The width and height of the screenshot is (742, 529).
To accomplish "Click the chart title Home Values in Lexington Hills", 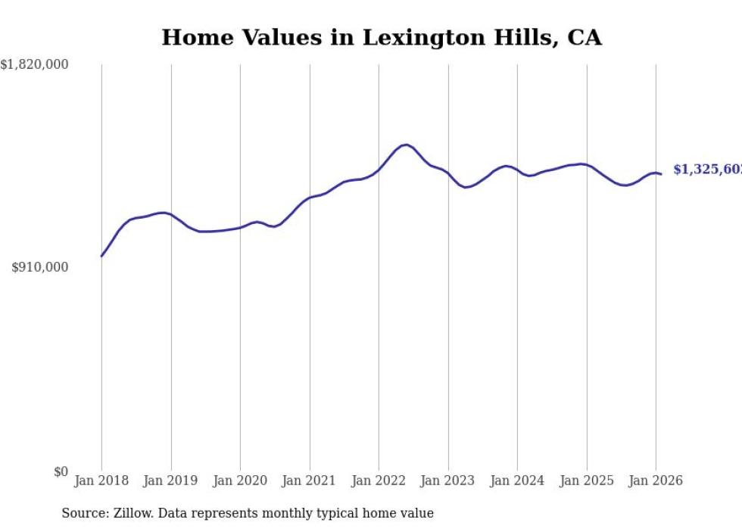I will [382, 37].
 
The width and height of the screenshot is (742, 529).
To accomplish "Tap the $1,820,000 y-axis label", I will [35, 66].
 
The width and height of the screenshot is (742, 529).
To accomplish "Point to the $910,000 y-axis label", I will [40, 267].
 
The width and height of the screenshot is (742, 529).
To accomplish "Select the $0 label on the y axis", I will [61, 472].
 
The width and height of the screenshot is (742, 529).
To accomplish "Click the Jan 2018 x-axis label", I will [101, 481].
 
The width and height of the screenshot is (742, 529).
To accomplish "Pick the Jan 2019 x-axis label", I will [171, 481].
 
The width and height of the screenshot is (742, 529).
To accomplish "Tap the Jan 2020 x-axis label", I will [240, 481].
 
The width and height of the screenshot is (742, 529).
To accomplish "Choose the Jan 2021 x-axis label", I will [310, 481].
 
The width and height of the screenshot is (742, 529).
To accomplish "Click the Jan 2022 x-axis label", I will [379, 481].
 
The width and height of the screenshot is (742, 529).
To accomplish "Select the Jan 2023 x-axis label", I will [448, 481].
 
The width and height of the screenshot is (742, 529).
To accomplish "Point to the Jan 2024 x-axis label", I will [517, 481].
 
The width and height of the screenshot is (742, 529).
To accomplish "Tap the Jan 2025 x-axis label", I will [587, 481].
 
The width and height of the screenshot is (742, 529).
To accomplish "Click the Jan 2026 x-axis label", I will [656, 481].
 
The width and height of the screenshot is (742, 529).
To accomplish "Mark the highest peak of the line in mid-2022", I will [407, 145].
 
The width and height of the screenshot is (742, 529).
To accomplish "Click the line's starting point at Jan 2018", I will [101, 256].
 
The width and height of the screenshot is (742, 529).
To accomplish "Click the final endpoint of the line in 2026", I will [661, 174].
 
